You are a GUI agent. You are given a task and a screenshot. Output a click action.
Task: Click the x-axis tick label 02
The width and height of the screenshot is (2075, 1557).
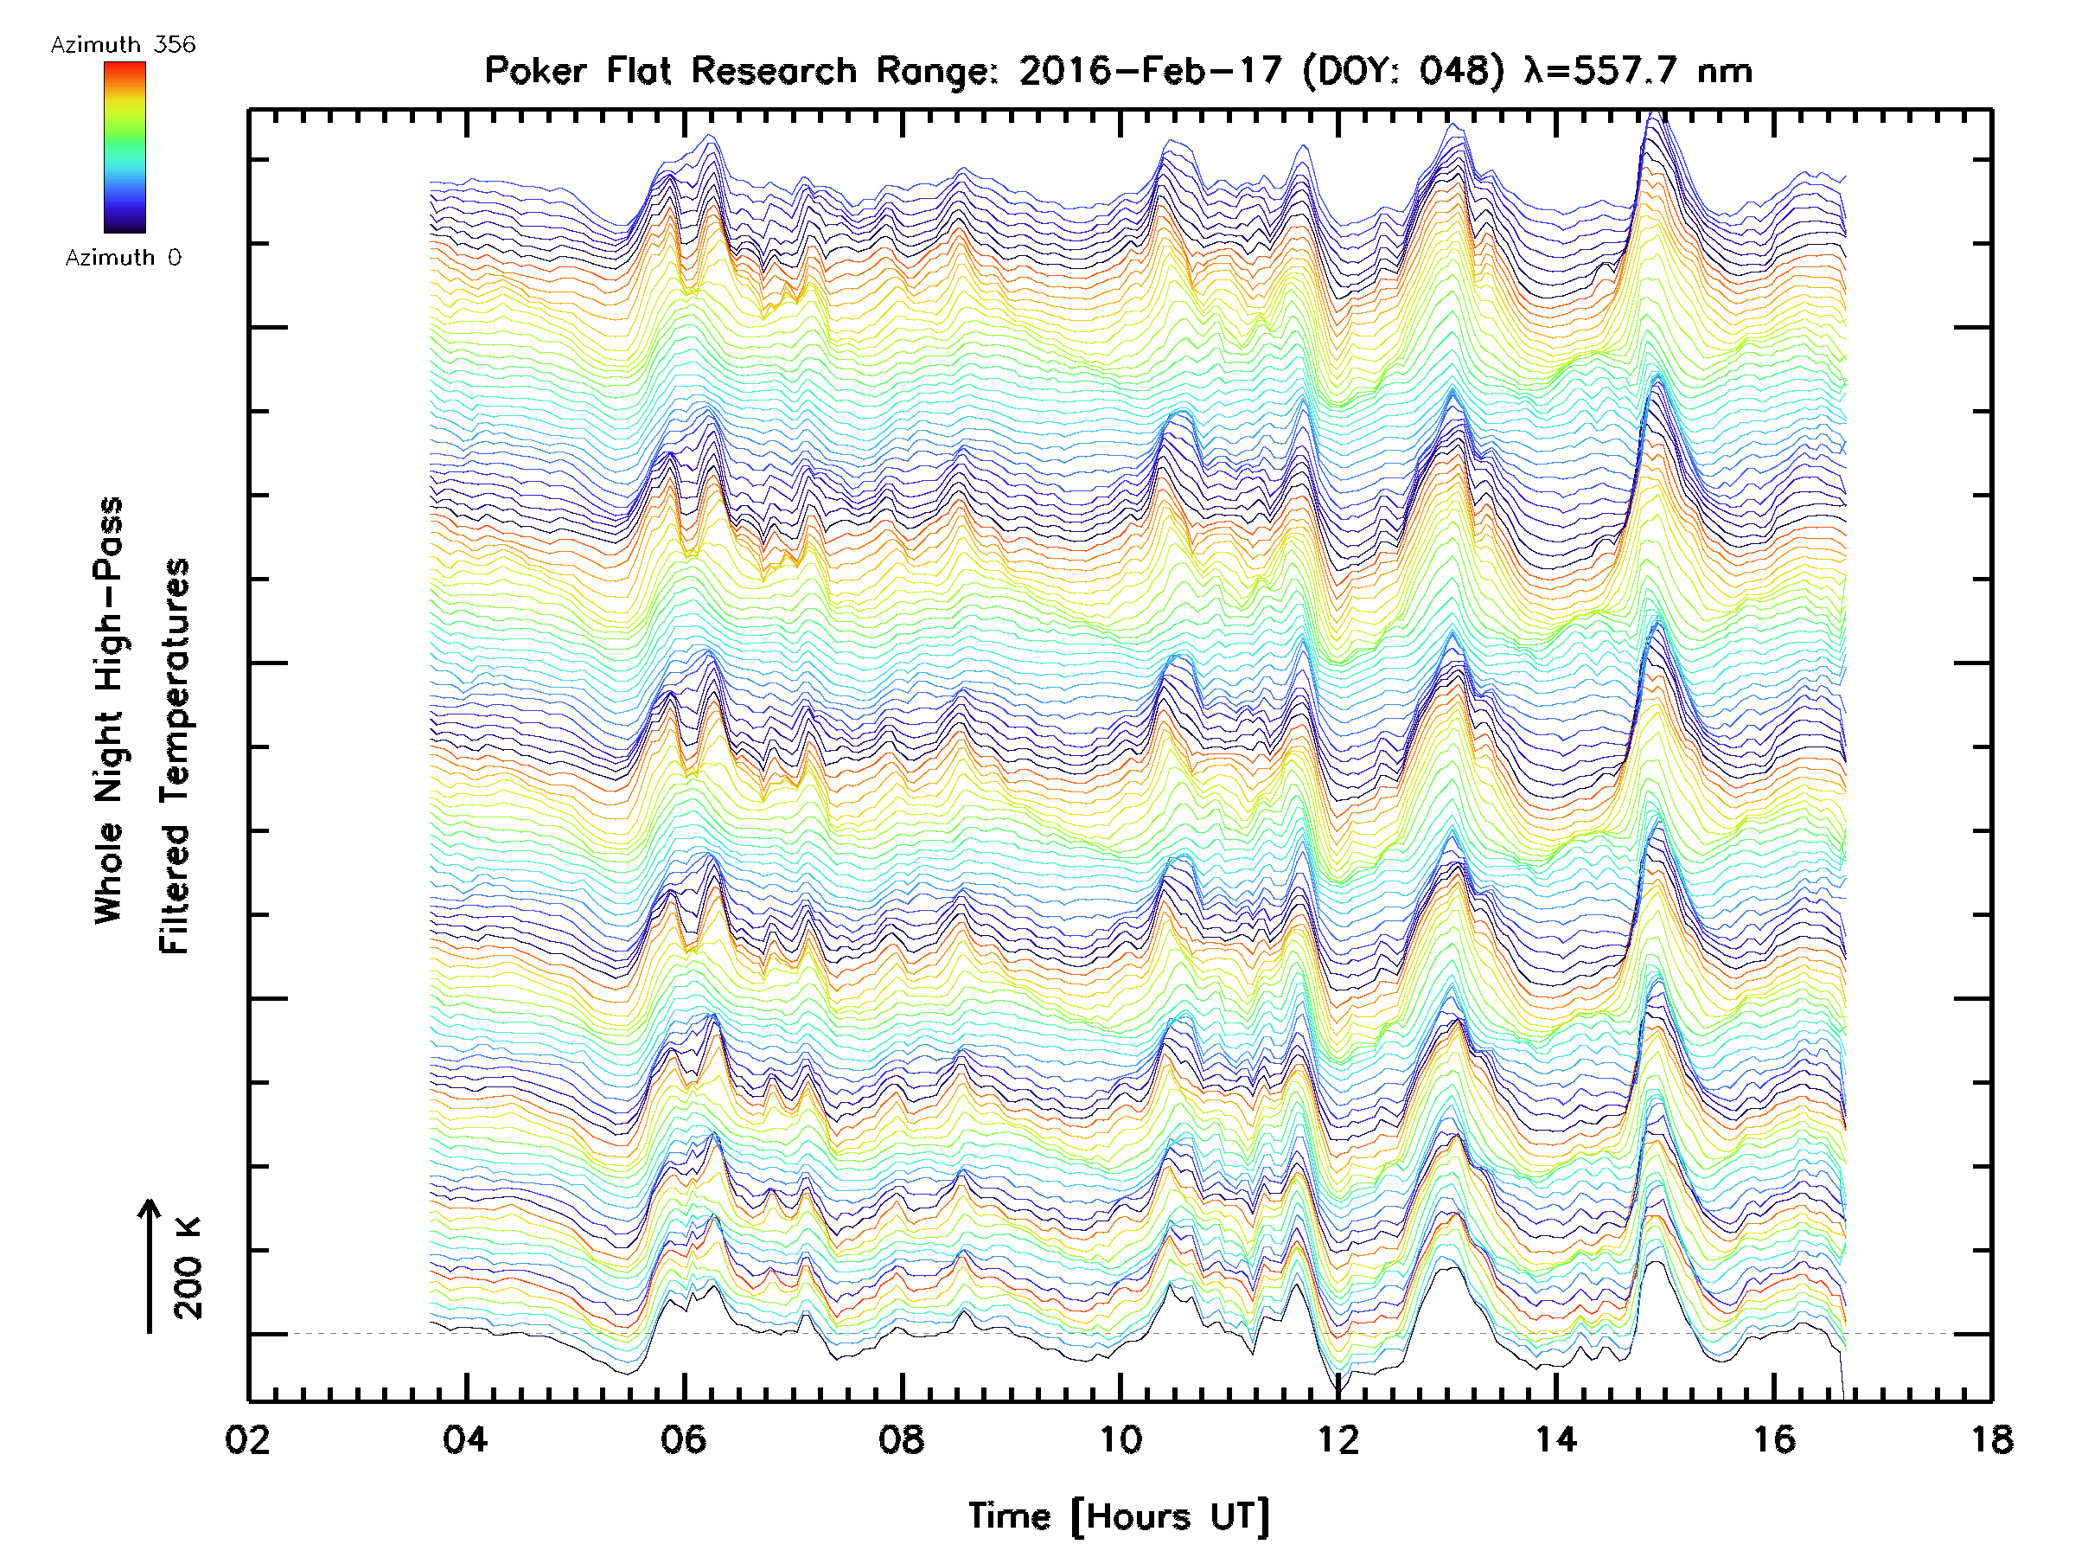point(247,1438)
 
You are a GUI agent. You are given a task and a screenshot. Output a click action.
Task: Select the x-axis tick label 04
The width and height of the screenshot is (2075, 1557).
point(465,1438)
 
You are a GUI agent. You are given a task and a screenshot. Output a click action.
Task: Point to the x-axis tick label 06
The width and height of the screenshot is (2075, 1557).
point(683,1438)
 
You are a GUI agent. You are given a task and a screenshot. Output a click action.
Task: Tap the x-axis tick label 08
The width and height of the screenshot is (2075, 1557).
point(902,1438)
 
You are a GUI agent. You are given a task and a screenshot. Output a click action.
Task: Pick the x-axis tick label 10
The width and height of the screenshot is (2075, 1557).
point(1120,1438)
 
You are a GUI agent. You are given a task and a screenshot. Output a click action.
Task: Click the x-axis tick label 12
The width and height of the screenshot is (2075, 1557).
point(1338,1438)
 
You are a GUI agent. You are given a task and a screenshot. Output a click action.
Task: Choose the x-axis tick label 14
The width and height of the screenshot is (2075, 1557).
point(1556,1438)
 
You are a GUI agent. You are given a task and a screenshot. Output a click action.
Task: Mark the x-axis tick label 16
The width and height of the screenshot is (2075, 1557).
point(1774,1438)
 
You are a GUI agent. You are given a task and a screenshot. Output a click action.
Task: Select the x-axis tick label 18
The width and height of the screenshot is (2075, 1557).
point(1991,1438)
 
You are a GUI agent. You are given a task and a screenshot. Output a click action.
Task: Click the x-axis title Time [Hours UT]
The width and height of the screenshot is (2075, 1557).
point(1119,1516)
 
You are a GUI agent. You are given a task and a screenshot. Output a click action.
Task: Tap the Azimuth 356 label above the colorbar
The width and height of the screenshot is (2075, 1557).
point(123,45)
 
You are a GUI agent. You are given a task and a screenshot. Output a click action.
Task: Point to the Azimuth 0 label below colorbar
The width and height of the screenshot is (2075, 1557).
point(123,257)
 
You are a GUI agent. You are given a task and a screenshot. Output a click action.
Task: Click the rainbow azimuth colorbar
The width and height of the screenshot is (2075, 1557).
point(124,147)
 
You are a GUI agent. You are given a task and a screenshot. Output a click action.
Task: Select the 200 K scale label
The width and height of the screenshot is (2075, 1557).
point(188,1268)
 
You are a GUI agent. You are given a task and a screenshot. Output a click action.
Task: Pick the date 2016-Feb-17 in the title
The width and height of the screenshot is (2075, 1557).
point(1150,70)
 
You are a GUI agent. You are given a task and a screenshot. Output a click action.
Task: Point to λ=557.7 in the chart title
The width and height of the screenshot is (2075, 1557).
point(1604,70)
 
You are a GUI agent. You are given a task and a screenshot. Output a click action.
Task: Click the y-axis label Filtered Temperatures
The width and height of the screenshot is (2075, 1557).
point(175,755)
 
